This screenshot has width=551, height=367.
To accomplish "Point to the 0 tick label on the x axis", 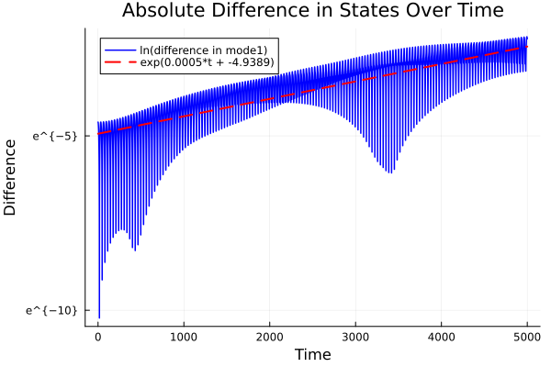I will tap(98, 336).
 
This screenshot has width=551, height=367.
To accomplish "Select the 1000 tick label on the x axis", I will tap(184, 336).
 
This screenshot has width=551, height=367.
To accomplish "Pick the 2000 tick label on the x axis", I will tap(269, 336).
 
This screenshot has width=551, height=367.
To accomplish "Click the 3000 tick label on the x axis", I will tap(355, 336).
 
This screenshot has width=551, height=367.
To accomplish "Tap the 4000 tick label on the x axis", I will tap(441, 336).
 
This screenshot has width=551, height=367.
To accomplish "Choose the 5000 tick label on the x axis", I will tap(526, 336).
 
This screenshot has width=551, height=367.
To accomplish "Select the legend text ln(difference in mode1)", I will tap(203, 49).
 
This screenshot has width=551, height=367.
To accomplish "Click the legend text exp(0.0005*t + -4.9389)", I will tap(207, 61).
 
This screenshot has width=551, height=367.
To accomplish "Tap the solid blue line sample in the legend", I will tap(119, 49).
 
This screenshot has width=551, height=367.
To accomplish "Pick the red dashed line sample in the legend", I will tap(119, 61).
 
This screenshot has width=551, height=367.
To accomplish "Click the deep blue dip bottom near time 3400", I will tap(390, 172).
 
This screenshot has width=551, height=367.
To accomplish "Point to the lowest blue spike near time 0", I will tap(99, 317).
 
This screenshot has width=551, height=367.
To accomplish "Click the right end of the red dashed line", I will tap(527, 47).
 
